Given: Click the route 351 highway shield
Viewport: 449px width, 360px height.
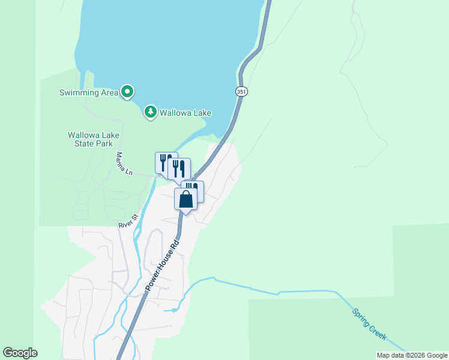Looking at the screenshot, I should point(241,91).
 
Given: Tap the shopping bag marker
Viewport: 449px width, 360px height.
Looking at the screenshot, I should point(186,199).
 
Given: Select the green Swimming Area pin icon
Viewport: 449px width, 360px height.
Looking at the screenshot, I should point(127,92).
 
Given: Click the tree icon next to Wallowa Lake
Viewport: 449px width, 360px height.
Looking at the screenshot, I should point(150,112).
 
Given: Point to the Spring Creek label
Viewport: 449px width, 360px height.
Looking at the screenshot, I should point(370,325).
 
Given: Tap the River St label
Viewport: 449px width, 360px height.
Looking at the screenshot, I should point(128,220).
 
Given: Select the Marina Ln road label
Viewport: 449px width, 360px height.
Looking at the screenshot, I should point(123,164).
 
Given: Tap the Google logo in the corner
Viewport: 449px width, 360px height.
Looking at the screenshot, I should point(20,353).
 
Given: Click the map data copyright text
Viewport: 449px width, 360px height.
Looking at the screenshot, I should point(412,355).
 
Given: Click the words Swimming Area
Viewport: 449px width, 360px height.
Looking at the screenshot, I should point(88,92).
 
